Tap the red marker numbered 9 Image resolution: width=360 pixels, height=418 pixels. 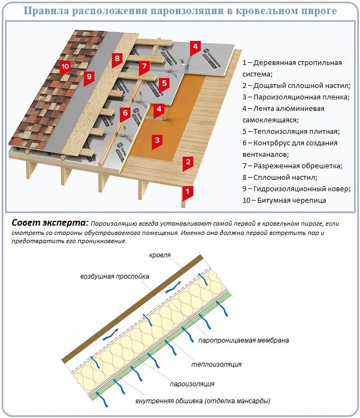click(x=90, y=76)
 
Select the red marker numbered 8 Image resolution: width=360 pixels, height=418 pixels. click(x=116, y=58)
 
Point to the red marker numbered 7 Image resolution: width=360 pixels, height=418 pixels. click(x=144, y=67)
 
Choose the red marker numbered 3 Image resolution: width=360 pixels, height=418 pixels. click(x=157, y=140)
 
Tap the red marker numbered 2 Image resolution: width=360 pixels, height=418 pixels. click(x=187, y=162)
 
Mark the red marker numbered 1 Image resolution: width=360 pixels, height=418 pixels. click(x=187, y=191)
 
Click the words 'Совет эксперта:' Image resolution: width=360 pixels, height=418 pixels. click(x=49, y=223)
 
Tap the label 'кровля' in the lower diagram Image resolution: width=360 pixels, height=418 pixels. click(x=161, y=255)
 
